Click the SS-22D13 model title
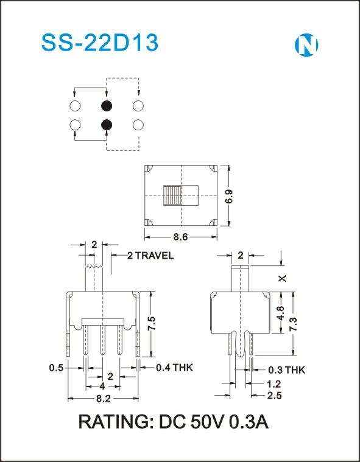click(x=100, y=43)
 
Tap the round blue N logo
click(x=306, y=45)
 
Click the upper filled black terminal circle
click(x=107, y=106)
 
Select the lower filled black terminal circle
click(x=107, y=125)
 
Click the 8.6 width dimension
click(x=180, y=237)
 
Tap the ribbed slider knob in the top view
click(x=172, y=195)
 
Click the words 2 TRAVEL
click(x=150, y=256)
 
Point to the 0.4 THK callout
click(x=174, y=368)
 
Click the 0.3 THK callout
click(x=286, y=369)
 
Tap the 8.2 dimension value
click(x=103, y=399)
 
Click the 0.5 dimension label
click(x=56, y=368)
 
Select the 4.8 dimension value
click(x=280, y=313)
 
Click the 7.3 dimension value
click(x=293, y=324)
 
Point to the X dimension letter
click(x=283, y=278)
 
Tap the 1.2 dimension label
click(x=274, y=384)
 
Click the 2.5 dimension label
click(x=275, y=396)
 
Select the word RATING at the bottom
click(x=115, y=422)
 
